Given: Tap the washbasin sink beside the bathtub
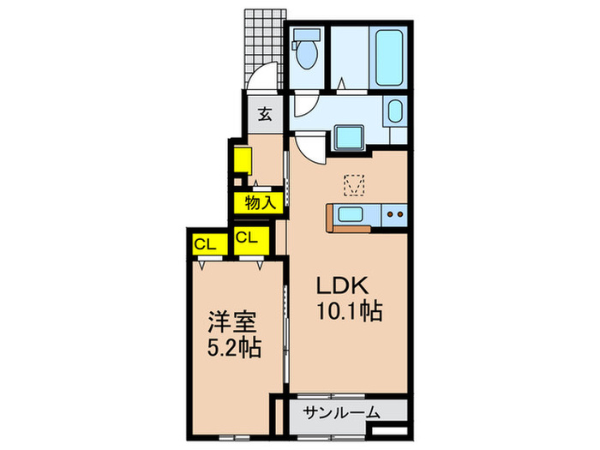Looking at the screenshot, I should [x=395, y=112].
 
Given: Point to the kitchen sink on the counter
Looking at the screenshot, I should [x=352, y=213].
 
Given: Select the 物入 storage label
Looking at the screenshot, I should [x=259, y=203].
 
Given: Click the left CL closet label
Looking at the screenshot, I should [x=205, y=243].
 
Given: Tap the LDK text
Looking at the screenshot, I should [x=345, y=286].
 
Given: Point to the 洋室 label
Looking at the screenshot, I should [x=233, y=323].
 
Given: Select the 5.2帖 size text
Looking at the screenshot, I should [x=233, y=350].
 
